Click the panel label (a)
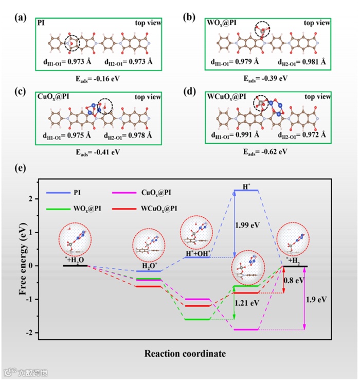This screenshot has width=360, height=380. (21, 18)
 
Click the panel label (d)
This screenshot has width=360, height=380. (189, 92)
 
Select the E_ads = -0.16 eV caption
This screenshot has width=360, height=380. (97, 79)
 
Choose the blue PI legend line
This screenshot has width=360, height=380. (60, 192)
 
